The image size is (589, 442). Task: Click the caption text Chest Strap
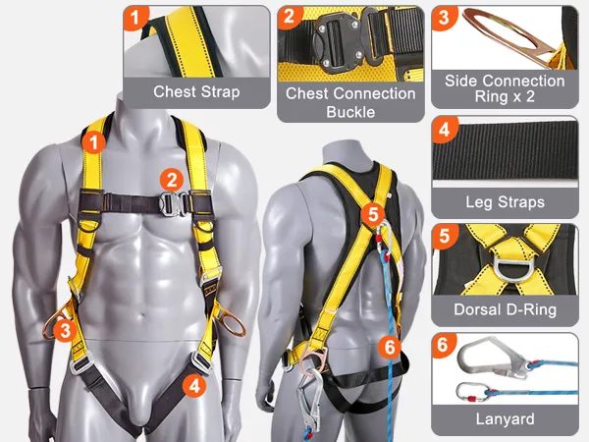coord(196,91)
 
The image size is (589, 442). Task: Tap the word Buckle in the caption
coord(350,112)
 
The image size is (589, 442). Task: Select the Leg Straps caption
coord(505,202)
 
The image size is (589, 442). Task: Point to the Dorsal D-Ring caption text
coord(505,309)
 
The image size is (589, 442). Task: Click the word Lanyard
coord(505,418)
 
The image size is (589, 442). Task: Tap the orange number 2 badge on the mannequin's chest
coord(172,181)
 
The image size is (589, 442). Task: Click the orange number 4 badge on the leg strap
coord(194,385)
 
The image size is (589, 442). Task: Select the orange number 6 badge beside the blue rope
coord(389,347)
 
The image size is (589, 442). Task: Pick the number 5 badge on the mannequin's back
coord(373,214)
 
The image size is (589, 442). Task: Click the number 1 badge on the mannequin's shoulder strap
coord(93,142)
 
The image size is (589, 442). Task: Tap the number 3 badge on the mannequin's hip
coord(65,331)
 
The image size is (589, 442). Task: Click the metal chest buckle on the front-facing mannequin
coord(173,203)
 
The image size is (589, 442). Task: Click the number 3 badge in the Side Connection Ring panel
coord(444,18)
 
